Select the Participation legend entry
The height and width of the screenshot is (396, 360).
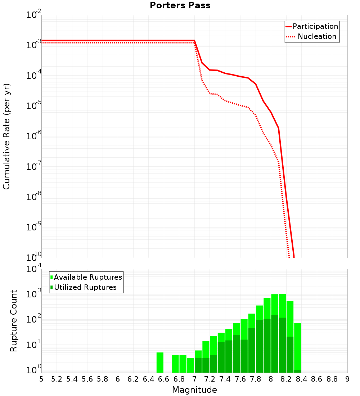coord(312,26)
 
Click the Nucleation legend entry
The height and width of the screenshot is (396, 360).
coord(312,36)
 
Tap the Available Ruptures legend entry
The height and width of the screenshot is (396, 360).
coord(86,277)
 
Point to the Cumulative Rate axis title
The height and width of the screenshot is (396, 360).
coord(6,136)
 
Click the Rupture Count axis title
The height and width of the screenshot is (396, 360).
coord(14,321)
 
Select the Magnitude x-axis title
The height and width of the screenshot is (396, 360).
coord(194,390)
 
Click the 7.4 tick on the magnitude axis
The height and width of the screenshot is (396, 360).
coord(225,379)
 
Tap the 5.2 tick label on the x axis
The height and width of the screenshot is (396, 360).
coord(57,379)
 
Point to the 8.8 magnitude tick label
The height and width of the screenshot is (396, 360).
coord(332,379)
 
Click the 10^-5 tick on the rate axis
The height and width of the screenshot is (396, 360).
coord(34,106)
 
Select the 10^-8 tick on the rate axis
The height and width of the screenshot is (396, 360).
coord(34,197)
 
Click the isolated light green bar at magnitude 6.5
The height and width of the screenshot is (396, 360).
coord(160,363)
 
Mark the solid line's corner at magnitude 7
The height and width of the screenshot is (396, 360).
coord(194,41)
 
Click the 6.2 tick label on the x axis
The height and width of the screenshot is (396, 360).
coord(133,379)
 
